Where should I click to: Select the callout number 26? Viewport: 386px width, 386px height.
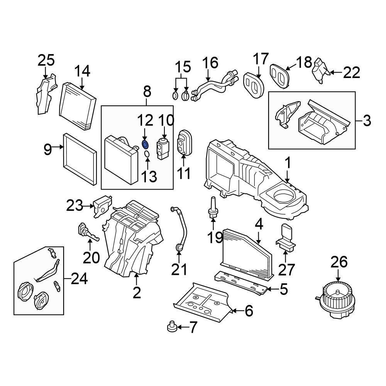pyautogui.click(x=339, y=262)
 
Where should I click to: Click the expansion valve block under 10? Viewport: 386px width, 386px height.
pyautogui.click(x=162, y=149)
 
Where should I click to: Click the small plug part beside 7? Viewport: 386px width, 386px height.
pyautogui.click(x=171, y=328)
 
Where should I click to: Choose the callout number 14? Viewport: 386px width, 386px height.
pyautogui.click(x=82, y=71)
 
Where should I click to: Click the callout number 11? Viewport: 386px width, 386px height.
pyautogui.click(x=183, y=173)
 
